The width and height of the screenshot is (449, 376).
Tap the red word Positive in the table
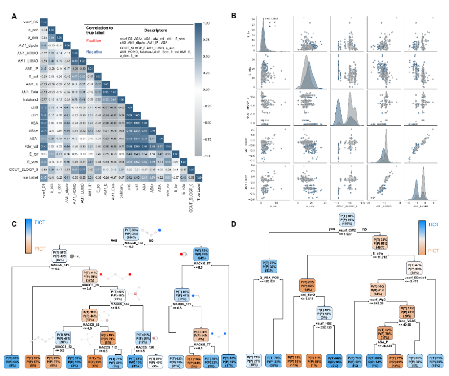(93, 40)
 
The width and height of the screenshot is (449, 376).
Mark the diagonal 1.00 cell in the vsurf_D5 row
(44, 21)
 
